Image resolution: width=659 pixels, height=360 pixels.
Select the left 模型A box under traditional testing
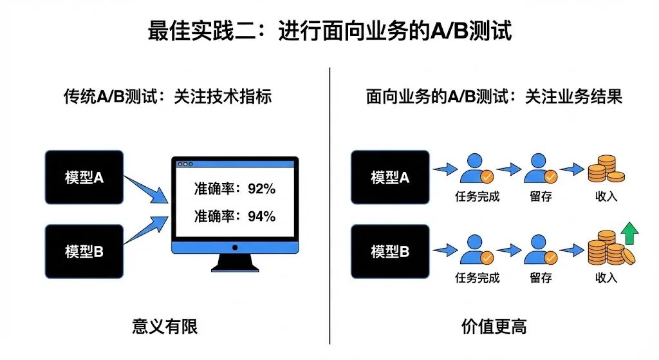pos(84,177)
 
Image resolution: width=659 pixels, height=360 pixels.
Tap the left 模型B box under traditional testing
pos(84,251)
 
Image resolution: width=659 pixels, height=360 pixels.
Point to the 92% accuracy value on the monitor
pos(261,189)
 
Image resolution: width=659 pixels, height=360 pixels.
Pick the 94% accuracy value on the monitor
pos(261,216)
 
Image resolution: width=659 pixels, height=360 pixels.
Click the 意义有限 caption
pos(164,327)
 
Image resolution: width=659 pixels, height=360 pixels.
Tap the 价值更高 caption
pos(494,327)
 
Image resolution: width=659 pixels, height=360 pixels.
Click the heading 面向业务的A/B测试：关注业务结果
pos(494,97)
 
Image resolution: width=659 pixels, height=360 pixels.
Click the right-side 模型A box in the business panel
pos(390,177)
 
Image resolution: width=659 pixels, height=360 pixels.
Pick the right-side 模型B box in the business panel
pos(390,251)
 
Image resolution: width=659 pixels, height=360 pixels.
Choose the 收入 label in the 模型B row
pos(606,278)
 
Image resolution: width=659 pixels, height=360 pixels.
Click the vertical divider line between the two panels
pos(329,206)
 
